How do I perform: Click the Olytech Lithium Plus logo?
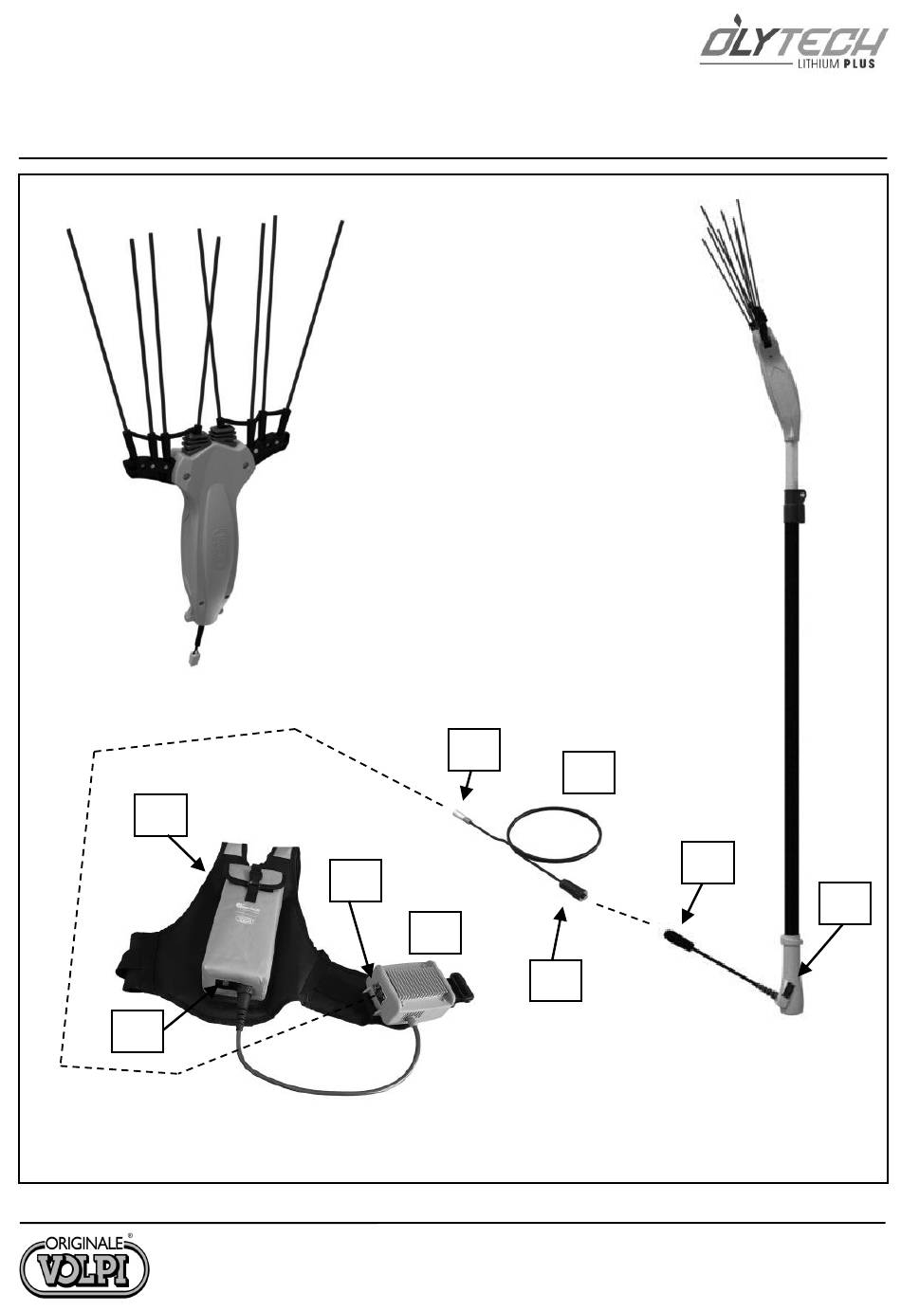(x=793, y=46)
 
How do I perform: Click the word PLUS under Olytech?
(x=859, y=64)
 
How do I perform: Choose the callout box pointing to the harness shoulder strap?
(x=160, y=814)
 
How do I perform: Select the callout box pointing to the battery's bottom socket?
(x=137, y=1030)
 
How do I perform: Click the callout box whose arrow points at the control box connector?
(x=356, y=881)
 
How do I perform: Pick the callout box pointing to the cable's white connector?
(x=473, y=750)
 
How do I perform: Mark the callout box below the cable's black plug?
(x=556, y=980)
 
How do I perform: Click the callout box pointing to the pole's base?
(x=844, y=903)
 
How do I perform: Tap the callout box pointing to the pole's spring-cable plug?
(x=708, y=863)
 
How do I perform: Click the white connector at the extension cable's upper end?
(x=460, y=814)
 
